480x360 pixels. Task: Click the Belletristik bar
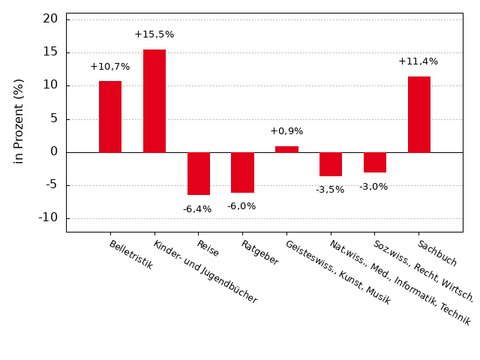(x=110, y=116)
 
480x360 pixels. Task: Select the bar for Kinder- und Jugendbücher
(x=154, y=100)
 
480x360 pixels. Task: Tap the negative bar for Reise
(x=199, y=173)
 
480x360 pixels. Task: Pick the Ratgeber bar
(x=242, y=172)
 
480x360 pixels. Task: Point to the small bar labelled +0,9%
(x=286, y=149)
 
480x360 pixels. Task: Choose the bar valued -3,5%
(x=331, y=164)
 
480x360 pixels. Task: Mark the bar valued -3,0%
(x=375, y=162)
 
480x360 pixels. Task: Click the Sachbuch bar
(x=419, y=114)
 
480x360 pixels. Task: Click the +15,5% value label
(x=154, y=34)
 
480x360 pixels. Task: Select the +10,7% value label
(x=110, y=67)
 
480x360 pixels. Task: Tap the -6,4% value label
(x=197, y=209)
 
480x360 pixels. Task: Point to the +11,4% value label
(x=418, y=61)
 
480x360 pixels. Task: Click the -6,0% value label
(x=241, y=206)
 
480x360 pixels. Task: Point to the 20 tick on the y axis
(x=50, y=19)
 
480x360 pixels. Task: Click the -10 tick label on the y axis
(x=47, y=217)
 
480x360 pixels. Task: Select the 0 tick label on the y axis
(x=54, y=151)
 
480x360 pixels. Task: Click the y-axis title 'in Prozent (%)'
(x=19, y=121)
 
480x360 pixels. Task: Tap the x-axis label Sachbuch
(x=437, y=253)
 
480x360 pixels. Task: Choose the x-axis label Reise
(x=208, y=248)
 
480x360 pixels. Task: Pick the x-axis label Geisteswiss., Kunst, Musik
(x=337, y=272)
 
